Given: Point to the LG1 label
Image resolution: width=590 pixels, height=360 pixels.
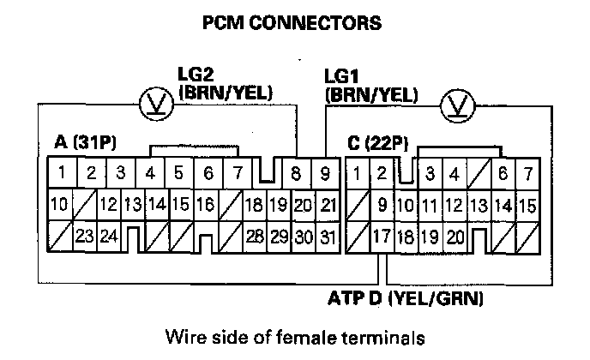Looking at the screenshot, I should [x=342, y=76].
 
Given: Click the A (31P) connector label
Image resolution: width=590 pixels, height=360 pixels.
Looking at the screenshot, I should [x=80, y=144].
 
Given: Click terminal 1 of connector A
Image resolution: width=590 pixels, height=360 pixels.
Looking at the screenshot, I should [x=60, y=173].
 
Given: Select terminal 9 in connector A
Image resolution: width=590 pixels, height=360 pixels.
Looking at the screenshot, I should [x=326, y=173].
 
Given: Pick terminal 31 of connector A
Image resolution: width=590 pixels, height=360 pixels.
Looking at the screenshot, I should [x=326, y=236].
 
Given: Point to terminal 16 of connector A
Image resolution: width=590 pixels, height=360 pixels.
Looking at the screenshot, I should [x=205, y=205].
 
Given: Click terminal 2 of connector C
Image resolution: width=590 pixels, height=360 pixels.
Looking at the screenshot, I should [x=382, y=173].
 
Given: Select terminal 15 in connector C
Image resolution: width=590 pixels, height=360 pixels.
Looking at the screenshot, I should [x=527, y=205].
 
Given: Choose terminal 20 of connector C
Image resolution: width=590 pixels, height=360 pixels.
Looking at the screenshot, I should [x=455, y=236].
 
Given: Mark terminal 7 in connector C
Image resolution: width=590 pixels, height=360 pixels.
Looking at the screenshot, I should [x=527, y=173].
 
